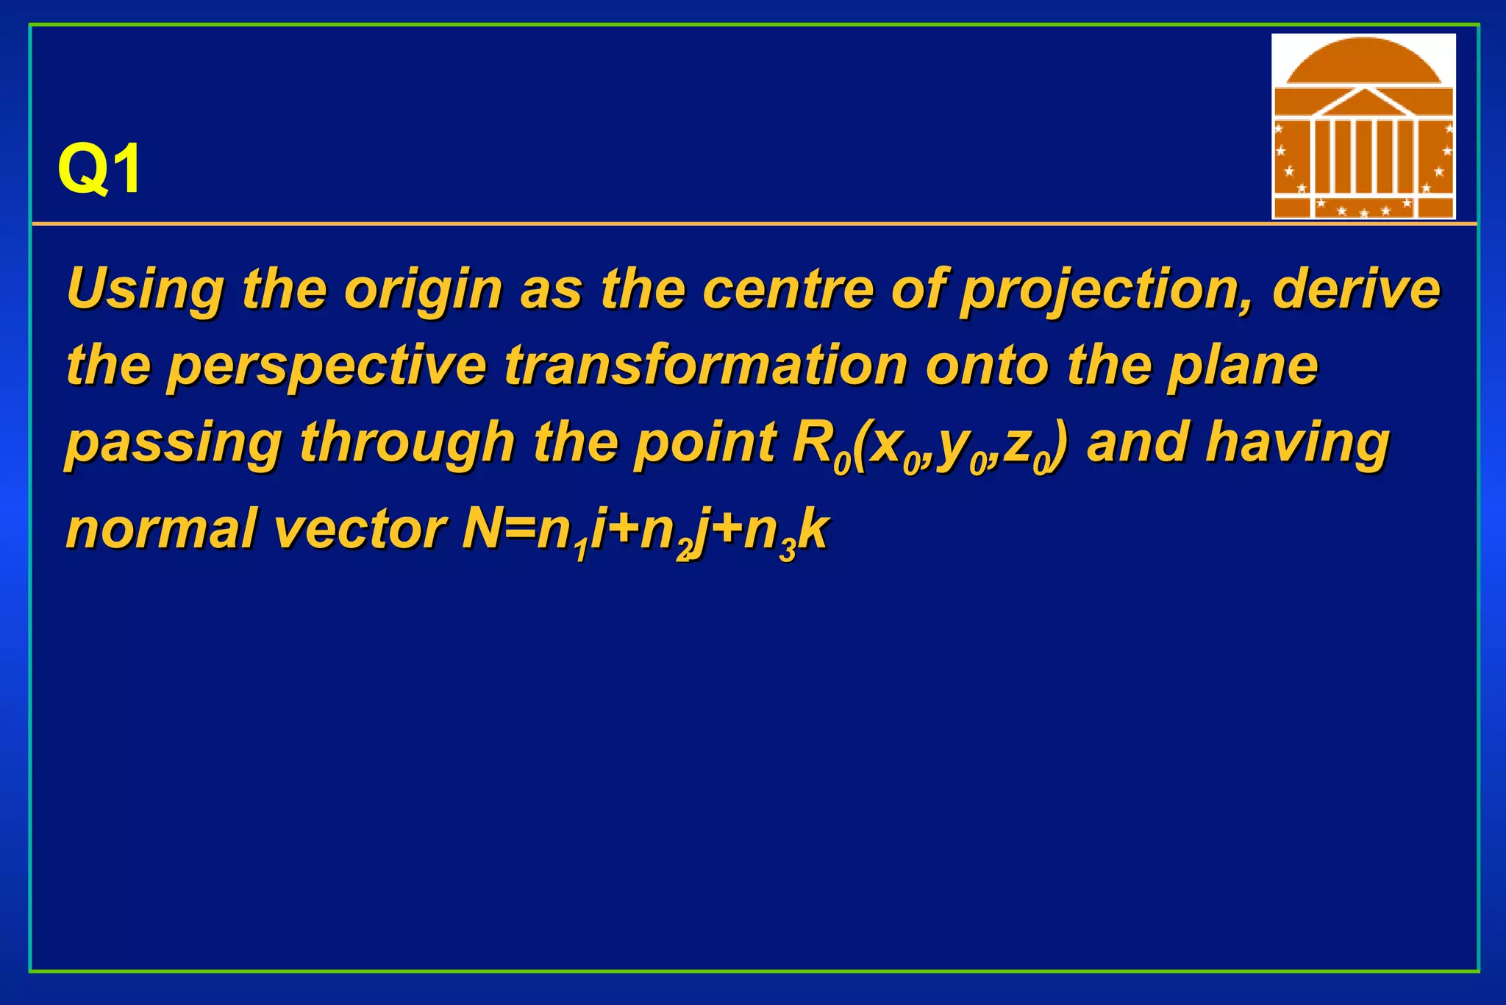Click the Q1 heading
[x=100, y=170]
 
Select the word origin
[x=423, y=289]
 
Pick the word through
[x=407, y=444]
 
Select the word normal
[x=162, y=530]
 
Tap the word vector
[x=360, y=530]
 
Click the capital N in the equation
[x=481, y=530]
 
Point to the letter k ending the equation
[x=814, y=530]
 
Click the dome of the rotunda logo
[x=1363, y=63]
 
